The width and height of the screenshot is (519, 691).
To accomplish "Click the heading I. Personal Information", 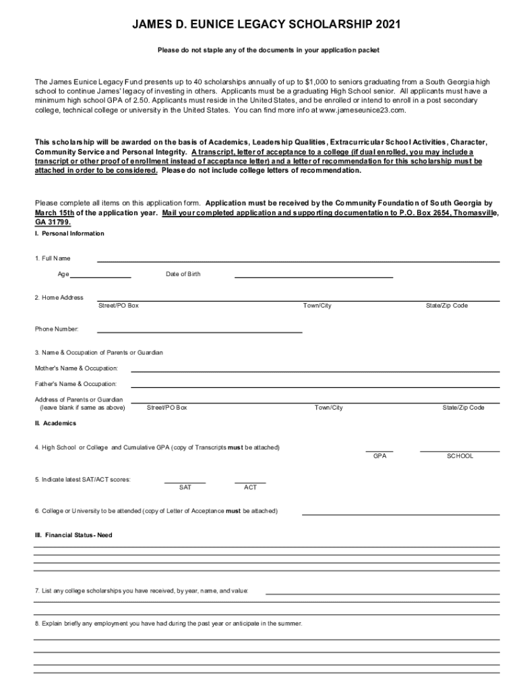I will click(x=69, y=233).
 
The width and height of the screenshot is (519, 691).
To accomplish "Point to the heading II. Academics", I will click(x=55, y=424).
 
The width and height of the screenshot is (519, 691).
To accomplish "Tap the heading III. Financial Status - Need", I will click(x=73, y=535).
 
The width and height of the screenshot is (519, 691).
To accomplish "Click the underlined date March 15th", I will click(x=55, y=212).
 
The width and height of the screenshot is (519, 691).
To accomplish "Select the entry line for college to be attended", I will click(x=400, y=512).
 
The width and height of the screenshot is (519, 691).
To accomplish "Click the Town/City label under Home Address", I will click(x=317, y=306).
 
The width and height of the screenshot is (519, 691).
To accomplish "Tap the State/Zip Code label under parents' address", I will click(x=463, y=408).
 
